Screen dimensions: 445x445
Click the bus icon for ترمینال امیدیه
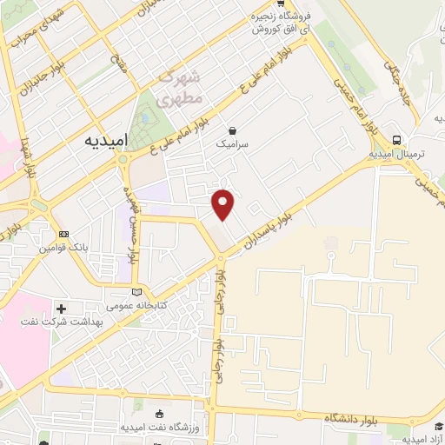pos(397,140)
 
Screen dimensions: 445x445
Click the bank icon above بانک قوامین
pos(63,235)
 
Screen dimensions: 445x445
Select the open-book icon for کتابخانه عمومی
pos(136,293)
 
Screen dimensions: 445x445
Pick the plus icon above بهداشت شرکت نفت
pos(60,309)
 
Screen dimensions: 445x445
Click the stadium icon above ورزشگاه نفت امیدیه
pos(159,412)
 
